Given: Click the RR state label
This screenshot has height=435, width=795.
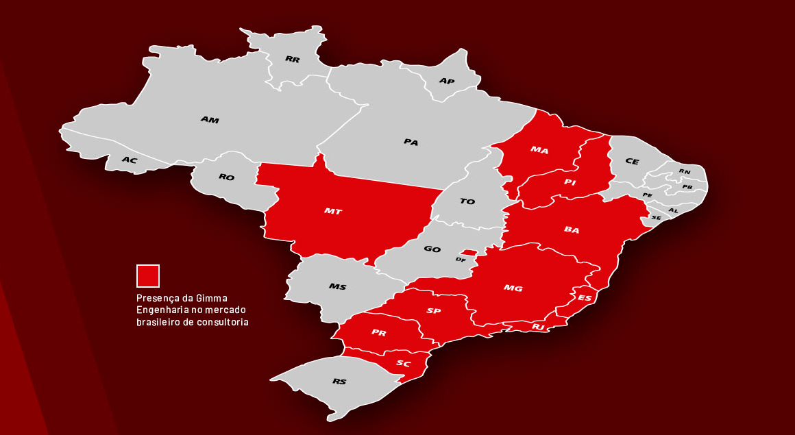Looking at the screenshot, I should coord(293,60).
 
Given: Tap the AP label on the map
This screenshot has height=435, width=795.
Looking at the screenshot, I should coord(447,82).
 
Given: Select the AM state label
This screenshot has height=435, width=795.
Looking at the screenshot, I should coord(210,120).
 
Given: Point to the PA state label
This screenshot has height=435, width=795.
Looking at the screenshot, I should coord(411,142).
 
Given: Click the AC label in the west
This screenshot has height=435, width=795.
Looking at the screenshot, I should coord(130,160).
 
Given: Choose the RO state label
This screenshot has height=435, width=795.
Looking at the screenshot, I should coord(227,177).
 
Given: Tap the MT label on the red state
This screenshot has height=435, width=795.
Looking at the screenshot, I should coord(333,212).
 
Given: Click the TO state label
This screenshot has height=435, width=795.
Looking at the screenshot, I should coord(467,201).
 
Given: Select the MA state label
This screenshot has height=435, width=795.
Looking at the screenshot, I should coord(539,150).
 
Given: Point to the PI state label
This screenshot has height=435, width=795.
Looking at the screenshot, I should coord(570,182).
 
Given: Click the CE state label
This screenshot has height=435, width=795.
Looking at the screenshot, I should coord(632,162).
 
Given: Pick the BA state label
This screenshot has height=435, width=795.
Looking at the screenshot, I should coord(572,230).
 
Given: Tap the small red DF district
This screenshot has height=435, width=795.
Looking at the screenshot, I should coord(468,252).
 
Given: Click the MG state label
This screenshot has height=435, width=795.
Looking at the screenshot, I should coord(513,288).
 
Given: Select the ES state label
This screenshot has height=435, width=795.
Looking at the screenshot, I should coord(585,298).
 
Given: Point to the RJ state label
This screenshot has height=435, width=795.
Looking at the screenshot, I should coord(539,327).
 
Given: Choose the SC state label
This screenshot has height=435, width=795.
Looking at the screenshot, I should coord(404,364).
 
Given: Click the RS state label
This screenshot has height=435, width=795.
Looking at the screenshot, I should coord(339,382).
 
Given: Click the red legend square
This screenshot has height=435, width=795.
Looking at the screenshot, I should coord(148,276).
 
